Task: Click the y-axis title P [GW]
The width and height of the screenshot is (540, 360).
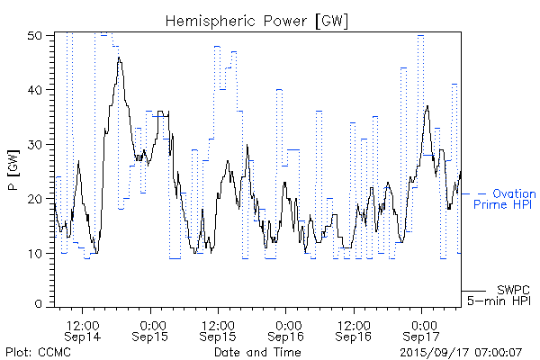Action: [13, 170]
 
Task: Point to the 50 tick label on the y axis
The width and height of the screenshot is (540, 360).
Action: [36, 36]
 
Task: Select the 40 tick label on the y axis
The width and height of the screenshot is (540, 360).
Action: [36, 90]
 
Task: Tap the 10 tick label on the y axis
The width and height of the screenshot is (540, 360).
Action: [36, 253]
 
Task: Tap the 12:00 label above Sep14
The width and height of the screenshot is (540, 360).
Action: [83, 321]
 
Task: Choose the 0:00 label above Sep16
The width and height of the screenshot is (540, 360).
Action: [287, 321]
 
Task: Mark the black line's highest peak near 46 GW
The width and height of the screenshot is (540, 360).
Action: [119, 58]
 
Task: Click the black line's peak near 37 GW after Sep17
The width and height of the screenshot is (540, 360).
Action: [427, 106]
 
